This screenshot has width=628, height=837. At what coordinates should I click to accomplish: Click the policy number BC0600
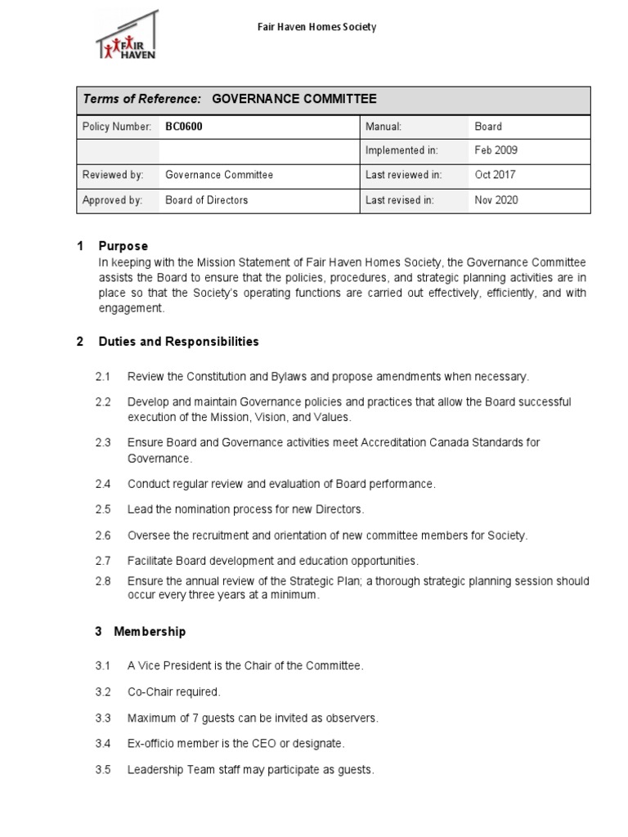(x=184, y=127)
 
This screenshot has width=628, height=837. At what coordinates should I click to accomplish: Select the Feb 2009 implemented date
(x=496, y=150)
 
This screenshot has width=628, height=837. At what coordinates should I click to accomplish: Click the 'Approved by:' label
(x=112, y=199)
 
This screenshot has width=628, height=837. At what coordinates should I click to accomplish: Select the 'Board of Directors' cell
(x=206, y=199)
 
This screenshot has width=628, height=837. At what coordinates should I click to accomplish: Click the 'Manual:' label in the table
(x=384, y=127)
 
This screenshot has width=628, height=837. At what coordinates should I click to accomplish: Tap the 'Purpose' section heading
(x=123, y=246)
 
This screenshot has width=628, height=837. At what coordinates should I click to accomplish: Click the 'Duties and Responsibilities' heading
(x=178, y=342)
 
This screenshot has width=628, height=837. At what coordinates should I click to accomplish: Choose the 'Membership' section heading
(x=150, y=632)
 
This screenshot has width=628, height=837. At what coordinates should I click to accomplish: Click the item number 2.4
(x=102, y=484)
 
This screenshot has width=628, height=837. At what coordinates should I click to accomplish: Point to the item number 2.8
(x=102, y=581)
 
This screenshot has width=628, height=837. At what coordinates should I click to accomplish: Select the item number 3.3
(x=102, y=718)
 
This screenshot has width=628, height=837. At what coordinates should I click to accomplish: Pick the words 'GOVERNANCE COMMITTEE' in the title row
(x=294, y=99)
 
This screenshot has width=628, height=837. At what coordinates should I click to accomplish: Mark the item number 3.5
(x=102, y=770)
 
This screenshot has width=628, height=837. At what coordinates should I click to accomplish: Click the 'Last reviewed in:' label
(x=403, y=175)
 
